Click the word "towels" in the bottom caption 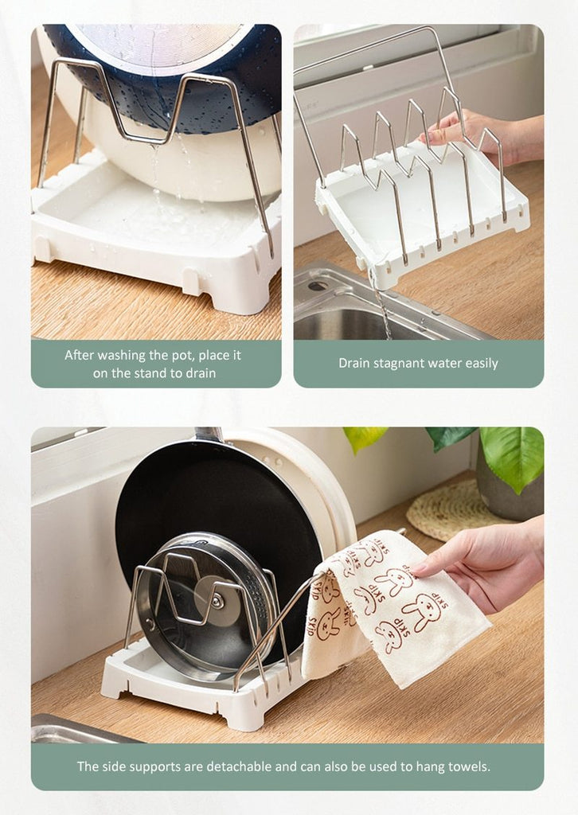471,766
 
